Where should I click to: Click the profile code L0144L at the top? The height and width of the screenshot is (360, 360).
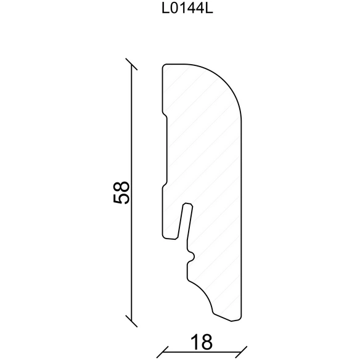pyautogui.click(x=187, y=9)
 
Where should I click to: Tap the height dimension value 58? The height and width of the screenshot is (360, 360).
pyautogui.click(x=121, y=192)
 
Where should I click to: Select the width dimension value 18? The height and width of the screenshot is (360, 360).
pyautogui.click(x=202, y=342)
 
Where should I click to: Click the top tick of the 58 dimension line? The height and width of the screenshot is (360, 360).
pyautogui.click(x=131, y=64)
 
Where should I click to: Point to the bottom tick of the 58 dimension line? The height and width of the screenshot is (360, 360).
pyautogui.click(x=131, y=321)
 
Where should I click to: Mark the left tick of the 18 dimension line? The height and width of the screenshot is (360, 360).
pyautogui.click(x=162, y=352)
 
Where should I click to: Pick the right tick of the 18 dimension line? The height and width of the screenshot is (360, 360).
pyautogui.click(x=241, y=352)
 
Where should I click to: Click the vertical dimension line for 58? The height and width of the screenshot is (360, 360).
pyautogui.click(x=131, y=192)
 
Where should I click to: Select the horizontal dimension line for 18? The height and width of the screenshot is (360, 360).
pyautogui.click(x=202, y=352)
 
